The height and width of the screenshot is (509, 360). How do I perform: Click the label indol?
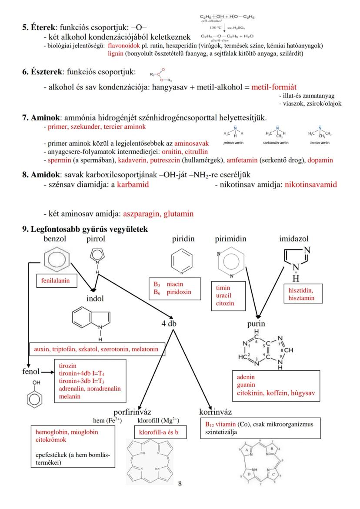coord(96,299)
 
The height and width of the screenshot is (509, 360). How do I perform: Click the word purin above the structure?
coord(256,324)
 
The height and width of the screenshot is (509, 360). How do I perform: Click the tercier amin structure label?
coord(320,143)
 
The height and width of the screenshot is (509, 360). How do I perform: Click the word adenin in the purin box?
coord(246,377)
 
